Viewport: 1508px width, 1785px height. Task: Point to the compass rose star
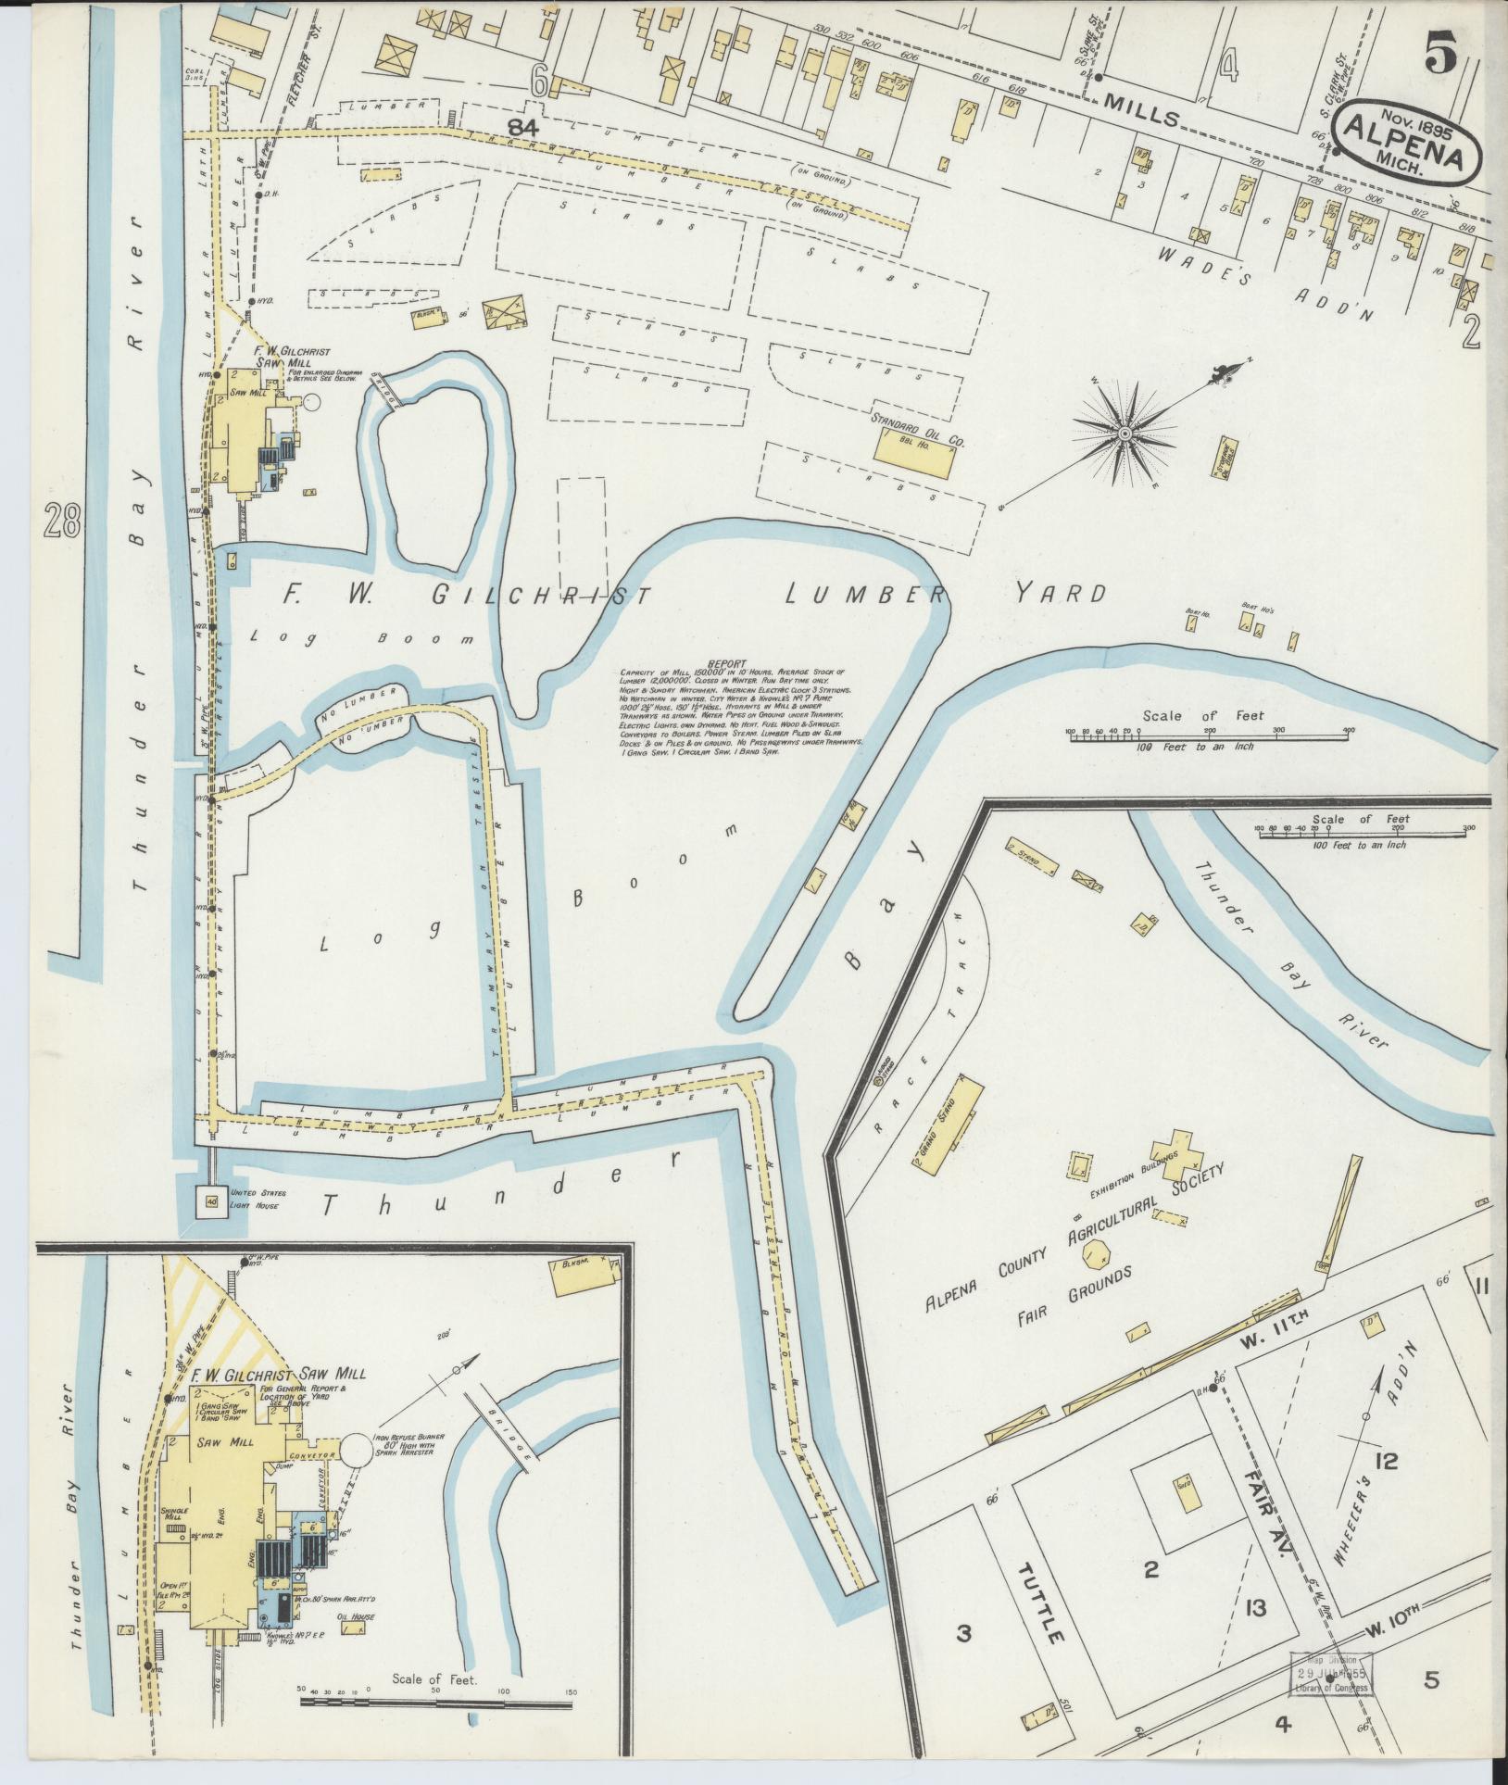(x=1124, y=434)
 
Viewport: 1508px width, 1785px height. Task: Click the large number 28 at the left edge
(x=62, y=524)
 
